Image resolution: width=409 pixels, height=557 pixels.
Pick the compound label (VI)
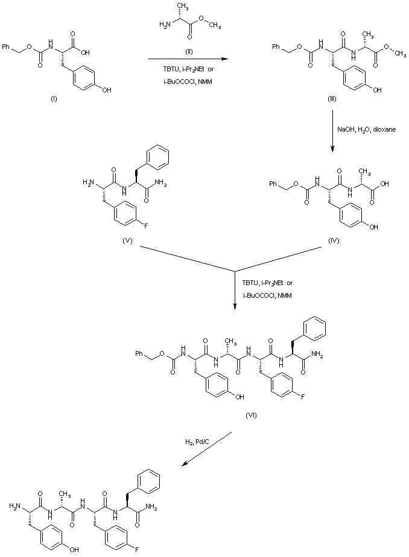coord(252,416)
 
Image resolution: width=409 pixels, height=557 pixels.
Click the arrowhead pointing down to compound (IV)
coord(332,152)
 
